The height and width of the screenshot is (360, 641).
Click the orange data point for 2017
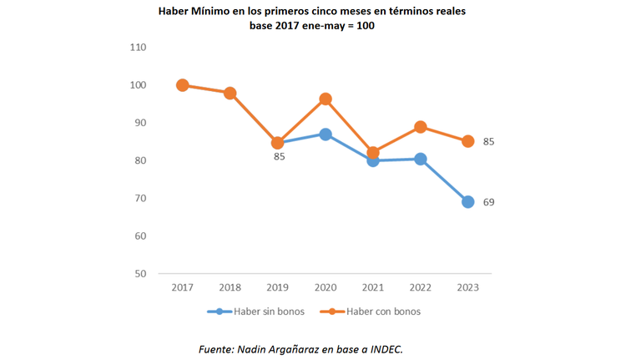[x=182, y=85]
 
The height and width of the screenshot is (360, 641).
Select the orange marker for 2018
[x=230, y=94]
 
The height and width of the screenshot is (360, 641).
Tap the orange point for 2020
[x=326, y=99]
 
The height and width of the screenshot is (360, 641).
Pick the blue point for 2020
[x=326, y=134]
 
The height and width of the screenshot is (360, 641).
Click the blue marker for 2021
[x=373, y=160]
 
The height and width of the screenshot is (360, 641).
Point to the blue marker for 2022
[x=421, y=160]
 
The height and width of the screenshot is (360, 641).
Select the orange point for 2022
[x=421, y=127]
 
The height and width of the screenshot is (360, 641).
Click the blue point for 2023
[x=468, y=201]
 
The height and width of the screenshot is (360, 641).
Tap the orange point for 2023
[x=468, y=141]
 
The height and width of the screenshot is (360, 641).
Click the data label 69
[x=488, y=202]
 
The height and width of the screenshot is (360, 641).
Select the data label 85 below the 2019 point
[x=280, y=157]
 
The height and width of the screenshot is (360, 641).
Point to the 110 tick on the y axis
[x=138, y=48]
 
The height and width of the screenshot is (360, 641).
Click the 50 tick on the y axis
[x=140, y=274]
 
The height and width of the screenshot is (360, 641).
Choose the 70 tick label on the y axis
[x=140, y=198]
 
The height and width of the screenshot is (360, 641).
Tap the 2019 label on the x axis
[x=278, y=287]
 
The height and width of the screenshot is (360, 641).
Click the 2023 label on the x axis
[x=468, y=287]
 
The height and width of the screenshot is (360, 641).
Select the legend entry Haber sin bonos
[x=256, y=312]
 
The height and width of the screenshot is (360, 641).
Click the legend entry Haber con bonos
[x=371, y=312]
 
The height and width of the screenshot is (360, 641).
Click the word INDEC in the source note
[x=386, y=349]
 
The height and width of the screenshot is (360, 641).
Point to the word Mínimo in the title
[x=210, y=11]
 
